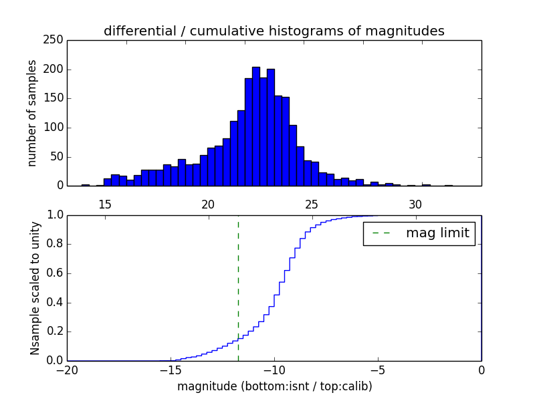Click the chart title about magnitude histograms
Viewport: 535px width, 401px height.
click(x=274, y=31)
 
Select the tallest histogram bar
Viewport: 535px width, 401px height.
click(x=255, y=127)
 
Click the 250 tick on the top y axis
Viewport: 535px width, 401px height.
click(x=56, y=40)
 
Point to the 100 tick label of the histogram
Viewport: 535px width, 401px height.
click(x=56, y=128)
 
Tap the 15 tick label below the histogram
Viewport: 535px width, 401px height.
click(x=104, y=203)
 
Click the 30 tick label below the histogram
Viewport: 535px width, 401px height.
click(x=415, y=203)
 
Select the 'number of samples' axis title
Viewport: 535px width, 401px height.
click(x=32, y=113)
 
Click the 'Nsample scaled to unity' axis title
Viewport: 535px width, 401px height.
click(x=35, y=288)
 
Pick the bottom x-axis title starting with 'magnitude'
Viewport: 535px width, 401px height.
click(x=274, y=386)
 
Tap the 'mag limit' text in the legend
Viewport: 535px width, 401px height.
click(x=437, y=233)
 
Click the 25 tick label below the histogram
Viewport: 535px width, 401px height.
click(x=312, y=203)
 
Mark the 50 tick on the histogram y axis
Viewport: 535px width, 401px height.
click(x=58, y=156)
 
